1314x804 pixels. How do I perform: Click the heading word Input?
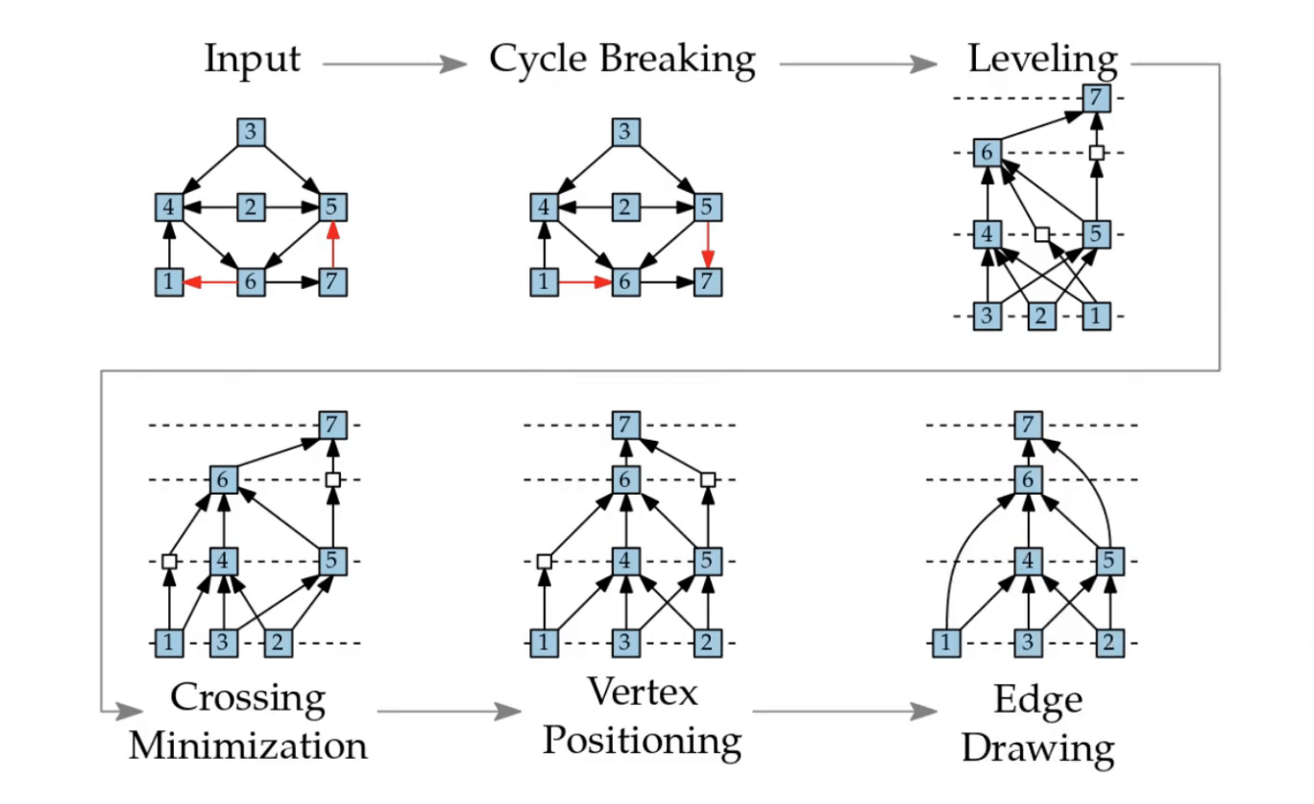coord(252,60)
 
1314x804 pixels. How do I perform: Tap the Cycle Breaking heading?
coord(621,60)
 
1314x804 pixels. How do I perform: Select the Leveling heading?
coord(1042,60)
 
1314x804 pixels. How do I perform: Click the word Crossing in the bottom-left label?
coord(247,698)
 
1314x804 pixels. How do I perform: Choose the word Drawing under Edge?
coord(1038,748)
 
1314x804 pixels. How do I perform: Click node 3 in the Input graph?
coord(251,133)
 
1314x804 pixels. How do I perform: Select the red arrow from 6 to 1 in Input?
coord(210,282)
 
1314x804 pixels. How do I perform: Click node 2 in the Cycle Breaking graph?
coord(625,207)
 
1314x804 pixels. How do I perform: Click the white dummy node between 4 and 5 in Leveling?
coord(1042,233)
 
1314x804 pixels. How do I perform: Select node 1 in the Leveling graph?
coord(1096,316)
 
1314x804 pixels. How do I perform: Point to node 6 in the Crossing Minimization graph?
coord(224,478)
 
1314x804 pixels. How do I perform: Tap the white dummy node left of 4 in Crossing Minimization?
coord(169,560)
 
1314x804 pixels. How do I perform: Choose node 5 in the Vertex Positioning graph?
coord(708,560)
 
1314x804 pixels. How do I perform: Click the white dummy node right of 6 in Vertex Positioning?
coord(708,478)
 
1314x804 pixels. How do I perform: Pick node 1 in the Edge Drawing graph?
coord(947,643)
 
